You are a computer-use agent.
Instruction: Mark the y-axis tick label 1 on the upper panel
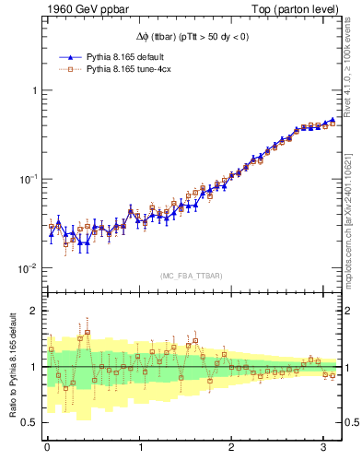pyautogui.click(x=34, y=90)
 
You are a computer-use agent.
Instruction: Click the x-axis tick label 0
pyautogui.click(x=48, y=447)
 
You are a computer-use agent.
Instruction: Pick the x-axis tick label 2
pyautogui.click(x=232, y=447)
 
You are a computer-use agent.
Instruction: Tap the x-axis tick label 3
pyautogui.click(x=324, y=447)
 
